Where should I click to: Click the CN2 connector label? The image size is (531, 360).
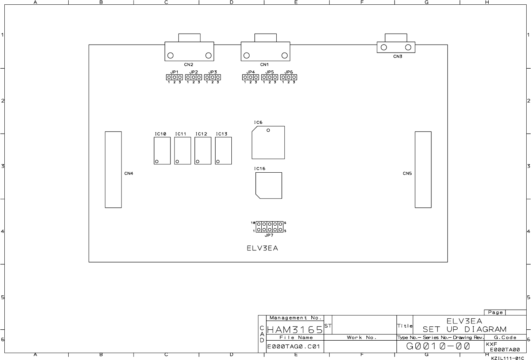188,65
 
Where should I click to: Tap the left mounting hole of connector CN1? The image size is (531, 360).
247,55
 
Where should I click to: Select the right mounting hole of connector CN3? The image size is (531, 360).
408,47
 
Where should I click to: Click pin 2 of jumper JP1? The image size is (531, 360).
174,77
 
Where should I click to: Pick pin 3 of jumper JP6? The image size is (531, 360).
294,77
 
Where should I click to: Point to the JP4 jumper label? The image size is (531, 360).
250,72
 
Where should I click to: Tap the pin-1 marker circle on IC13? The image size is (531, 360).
218,161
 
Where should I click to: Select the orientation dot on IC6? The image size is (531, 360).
268,130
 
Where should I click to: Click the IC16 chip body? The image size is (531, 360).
269,185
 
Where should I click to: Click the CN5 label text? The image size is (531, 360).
407,173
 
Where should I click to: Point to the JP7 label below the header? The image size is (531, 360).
269,235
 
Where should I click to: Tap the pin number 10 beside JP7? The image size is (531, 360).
253,223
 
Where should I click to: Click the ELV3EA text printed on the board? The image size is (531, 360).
262,248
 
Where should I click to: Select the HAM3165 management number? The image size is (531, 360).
295,330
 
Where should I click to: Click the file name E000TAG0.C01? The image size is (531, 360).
293,346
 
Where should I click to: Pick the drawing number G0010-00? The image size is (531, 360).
438,346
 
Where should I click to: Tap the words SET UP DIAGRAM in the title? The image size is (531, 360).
464,329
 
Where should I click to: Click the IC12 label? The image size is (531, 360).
201,134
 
